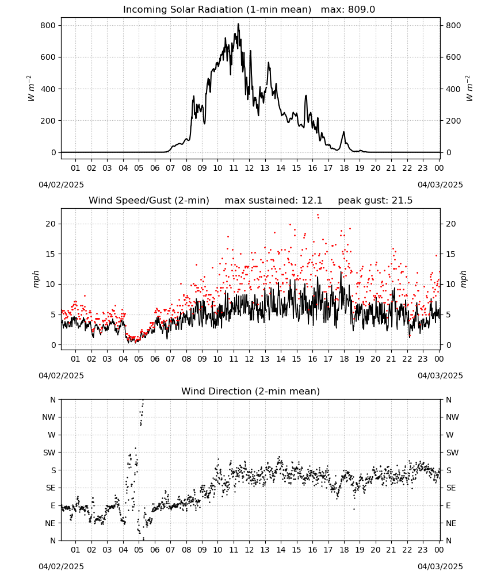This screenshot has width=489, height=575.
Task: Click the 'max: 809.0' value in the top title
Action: click(x=348, y=9)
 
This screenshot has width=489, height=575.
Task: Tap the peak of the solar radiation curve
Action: click(x=238, y=24)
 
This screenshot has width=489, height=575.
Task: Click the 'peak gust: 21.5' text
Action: click(x=375, y=200)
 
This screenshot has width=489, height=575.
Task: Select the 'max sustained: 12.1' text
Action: click(x=273, y=200)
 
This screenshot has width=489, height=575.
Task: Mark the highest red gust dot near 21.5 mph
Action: click(x=318, y=215)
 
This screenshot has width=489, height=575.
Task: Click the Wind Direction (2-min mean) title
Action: click(x=251, y=391)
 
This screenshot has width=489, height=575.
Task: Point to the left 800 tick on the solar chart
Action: click(x=48, y=25)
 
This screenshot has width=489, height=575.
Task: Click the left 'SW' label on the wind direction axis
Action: click(x=49, y=453)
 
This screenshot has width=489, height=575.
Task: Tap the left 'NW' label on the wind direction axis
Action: click(x=49, y=417)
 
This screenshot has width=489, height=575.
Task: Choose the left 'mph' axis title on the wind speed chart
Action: click(x=36, y=279)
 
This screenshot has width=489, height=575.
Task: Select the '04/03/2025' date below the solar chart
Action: click(x=440, y=185)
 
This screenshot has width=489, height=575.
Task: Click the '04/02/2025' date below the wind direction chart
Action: click(x=61, y=566)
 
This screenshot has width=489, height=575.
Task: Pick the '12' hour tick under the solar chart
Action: click(x=249, y=168)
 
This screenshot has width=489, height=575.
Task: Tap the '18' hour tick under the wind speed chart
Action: click(x=343, y=359)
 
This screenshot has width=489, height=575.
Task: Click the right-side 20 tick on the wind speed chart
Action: click(x=451, y=224)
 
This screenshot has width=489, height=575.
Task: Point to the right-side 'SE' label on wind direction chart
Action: click(x=451, y=488)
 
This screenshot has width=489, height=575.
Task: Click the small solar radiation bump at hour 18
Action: click(x=343, y=132)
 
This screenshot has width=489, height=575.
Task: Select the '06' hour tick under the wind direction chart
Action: click(x=154, y=550)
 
